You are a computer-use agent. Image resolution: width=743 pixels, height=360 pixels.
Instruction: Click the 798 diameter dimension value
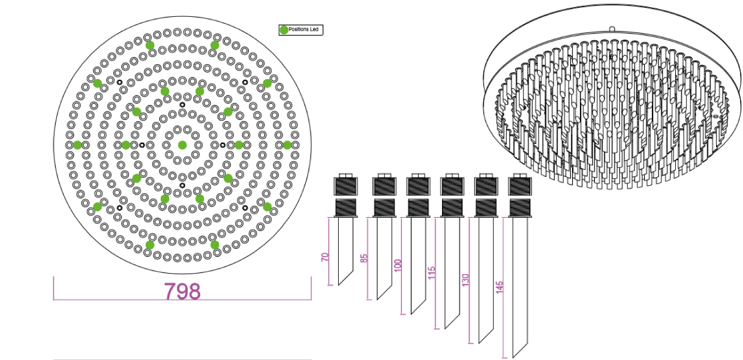tap(182, 291)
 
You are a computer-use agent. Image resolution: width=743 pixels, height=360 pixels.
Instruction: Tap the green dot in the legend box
tap(284, 30)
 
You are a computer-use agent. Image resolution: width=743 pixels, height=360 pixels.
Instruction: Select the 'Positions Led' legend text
tap(303, 29)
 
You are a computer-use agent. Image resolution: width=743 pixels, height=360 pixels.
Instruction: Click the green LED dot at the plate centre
tap(182, 145)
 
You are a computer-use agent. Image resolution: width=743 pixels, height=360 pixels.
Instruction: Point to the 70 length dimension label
tap(325, 257)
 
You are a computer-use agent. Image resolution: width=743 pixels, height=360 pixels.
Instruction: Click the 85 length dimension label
tap(364, 258)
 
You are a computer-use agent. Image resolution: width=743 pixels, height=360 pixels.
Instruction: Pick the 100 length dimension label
tap(398, 265)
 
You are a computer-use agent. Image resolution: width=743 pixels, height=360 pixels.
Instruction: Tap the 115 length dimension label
tap(432, 273)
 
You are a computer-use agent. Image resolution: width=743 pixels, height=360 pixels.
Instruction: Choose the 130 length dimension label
tap(465, 280)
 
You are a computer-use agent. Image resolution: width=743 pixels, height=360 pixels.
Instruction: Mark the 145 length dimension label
tap(499, 287)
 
